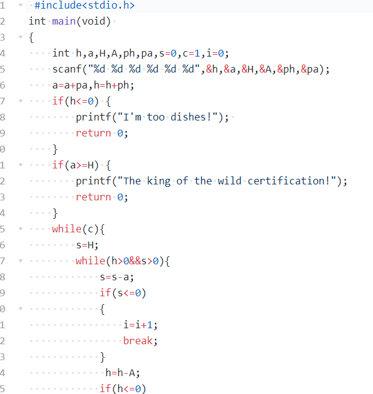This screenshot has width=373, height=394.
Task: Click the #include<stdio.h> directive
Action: pos(85,6)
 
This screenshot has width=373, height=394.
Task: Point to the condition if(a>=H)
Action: pos(75,165)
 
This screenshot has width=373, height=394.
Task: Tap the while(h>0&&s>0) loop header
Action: pos(122,261)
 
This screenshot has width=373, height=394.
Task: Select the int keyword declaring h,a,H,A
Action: pos(61,53)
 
